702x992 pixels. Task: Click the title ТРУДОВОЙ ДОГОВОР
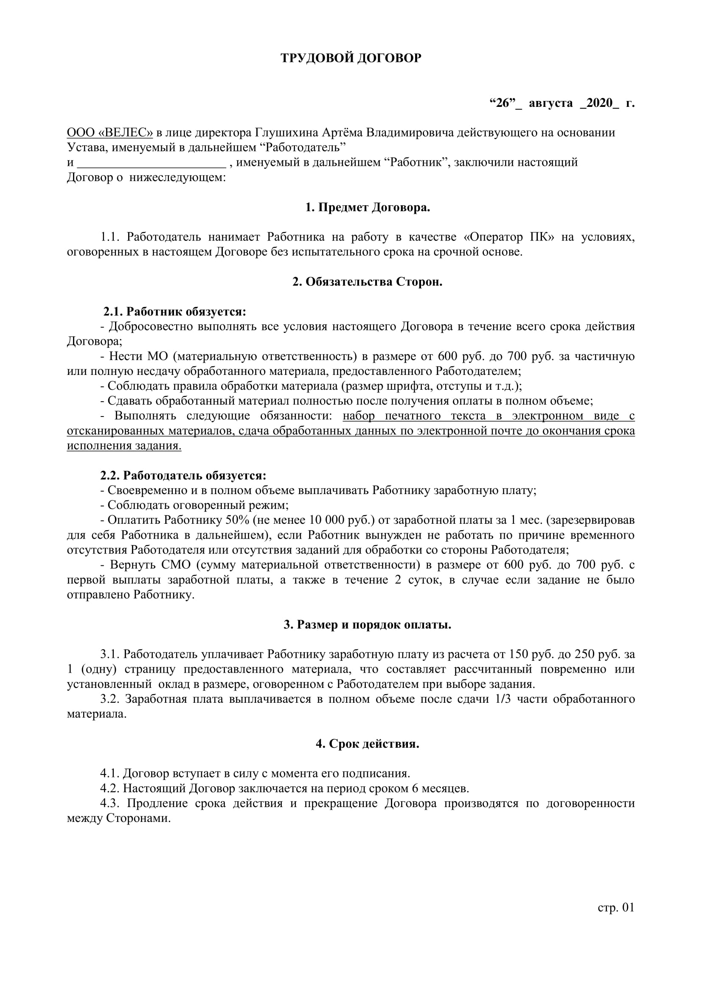point(351,58)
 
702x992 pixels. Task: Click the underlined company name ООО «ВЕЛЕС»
point(110,132)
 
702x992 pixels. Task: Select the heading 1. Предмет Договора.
point(368,207)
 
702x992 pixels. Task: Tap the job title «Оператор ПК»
point(508,237)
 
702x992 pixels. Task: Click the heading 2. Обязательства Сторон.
point(368,282)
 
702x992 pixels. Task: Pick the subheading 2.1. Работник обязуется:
point(174,312)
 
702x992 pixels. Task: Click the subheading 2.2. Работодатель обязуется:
point(183,475)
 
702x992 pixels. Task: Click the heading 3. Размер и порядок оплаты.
point(368,625)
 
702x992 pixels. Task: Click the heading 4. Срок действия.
point(368,744)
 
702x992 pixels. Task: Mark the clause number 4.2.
point(110,788)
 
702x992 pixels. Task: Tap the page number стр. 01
point(616,907)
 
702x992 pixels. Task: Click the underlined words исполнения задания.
point(124,445)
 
